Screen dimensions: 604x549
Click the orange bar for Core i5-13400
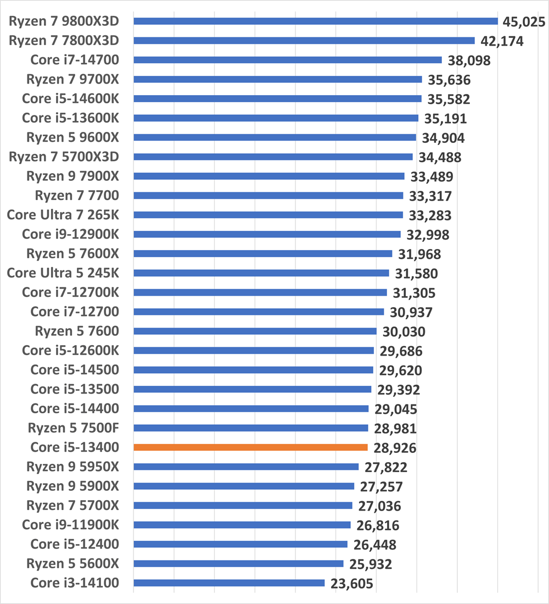click(x=250, y=447)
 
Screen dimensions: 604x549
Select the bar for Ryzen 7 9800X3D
click(x=316, y=21)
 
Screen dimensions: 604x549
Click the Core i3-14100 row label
click(x=74, y=583)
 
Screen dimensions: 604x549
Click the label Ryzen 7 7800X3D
click(x=64, y=41)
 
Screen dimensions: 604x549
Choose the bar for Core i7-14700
click(x=288, y=60)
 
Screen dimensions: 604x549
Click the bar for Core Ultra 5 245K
click(x=261, y=273)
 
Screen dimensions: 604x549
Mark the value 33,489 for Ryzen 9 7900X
click(x=430, y=177)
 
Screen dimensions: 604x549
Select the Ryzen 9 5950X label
click(x=72, y=467)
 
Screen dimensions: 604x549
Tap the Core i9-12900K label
click(x=70, y=234)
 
